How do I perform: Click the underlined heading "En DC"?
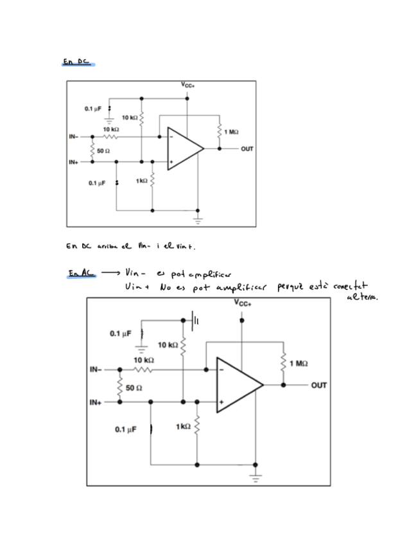pos(74,62)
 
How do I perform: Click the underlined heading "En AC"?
pos(80,272)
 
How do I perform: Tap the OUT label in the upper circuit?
pos(247,148)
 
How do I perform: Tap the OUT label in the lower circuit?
pos(318,385)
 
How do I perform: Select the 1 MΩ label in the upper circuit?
pos(232,132)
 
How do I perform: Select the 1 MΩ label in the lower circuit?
pos(299,364)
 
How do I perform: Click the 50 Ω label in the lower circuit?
pos(134,388)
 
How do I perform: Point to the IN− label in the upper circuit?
pos(73,136)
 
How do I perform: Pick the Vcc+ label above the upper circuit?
pos(187,85)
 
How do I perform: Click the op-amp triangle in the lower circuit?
pos(237,385)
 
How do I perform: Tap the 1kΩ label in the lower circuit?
pos(183,427)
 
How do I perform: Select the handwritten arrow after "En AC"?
pos(110,272)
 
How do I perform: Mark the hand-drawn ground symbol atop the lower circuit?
pos(196,319)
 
